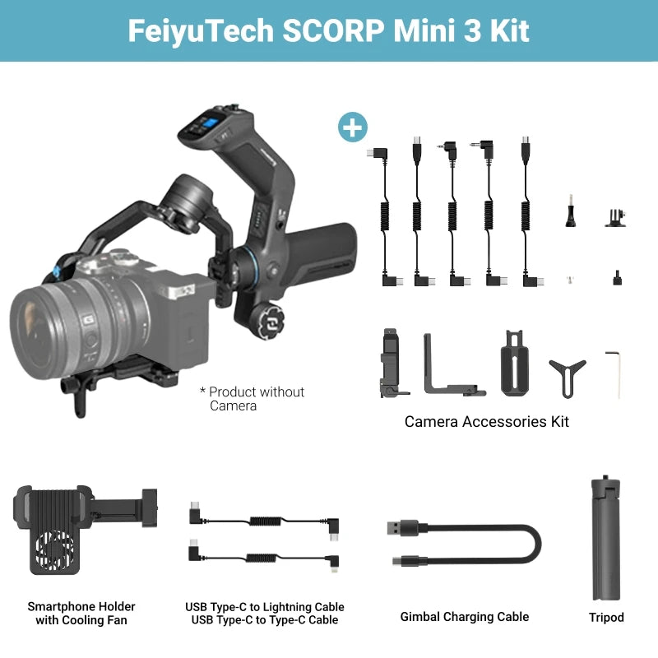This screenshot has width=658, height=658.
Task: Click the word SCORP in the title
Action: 334,30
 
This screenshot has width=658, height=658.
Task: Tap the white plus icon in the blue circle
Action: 353,127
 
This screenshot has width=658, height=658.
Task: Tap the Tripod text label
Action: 606,618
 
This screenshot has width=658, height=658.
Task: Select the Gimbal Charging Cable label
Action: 465,617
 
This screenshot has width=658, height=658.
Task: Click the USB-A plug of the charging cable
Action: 402,528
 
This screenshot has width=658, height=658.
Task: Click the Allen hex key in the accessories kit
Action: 614,374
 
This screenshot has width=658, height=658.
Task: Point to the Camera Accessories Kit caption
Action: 486,421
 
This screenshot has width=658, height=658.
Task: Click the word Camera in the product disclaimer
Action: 233,405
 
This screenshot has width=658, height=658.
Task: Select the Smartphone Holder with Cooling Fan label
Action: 81,613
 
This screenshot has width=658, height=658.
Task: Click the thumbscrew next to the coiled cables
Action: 570,211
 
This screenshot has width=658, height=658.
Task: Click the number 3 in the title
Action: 472,30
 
